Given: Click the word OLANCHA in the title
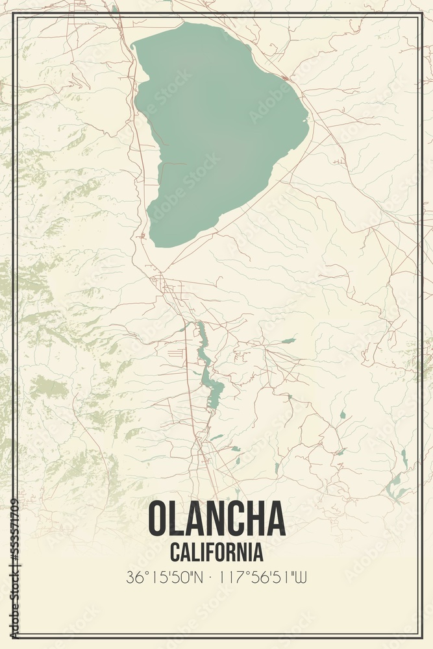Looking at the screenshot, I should point(217,519).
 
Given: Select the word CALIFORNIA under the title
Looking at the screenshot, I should point(217,552).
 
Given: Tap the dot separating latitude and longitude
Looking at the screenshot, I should point(214,577).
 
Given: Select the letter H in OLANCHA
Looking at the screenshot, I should point(253,519).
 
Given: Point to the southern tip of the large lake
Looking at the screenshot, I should point(156,243).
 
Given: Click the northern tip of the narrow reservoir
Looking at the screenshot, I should point(199,324).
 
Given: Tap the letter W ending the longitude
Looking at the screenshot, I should point(301,577).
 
